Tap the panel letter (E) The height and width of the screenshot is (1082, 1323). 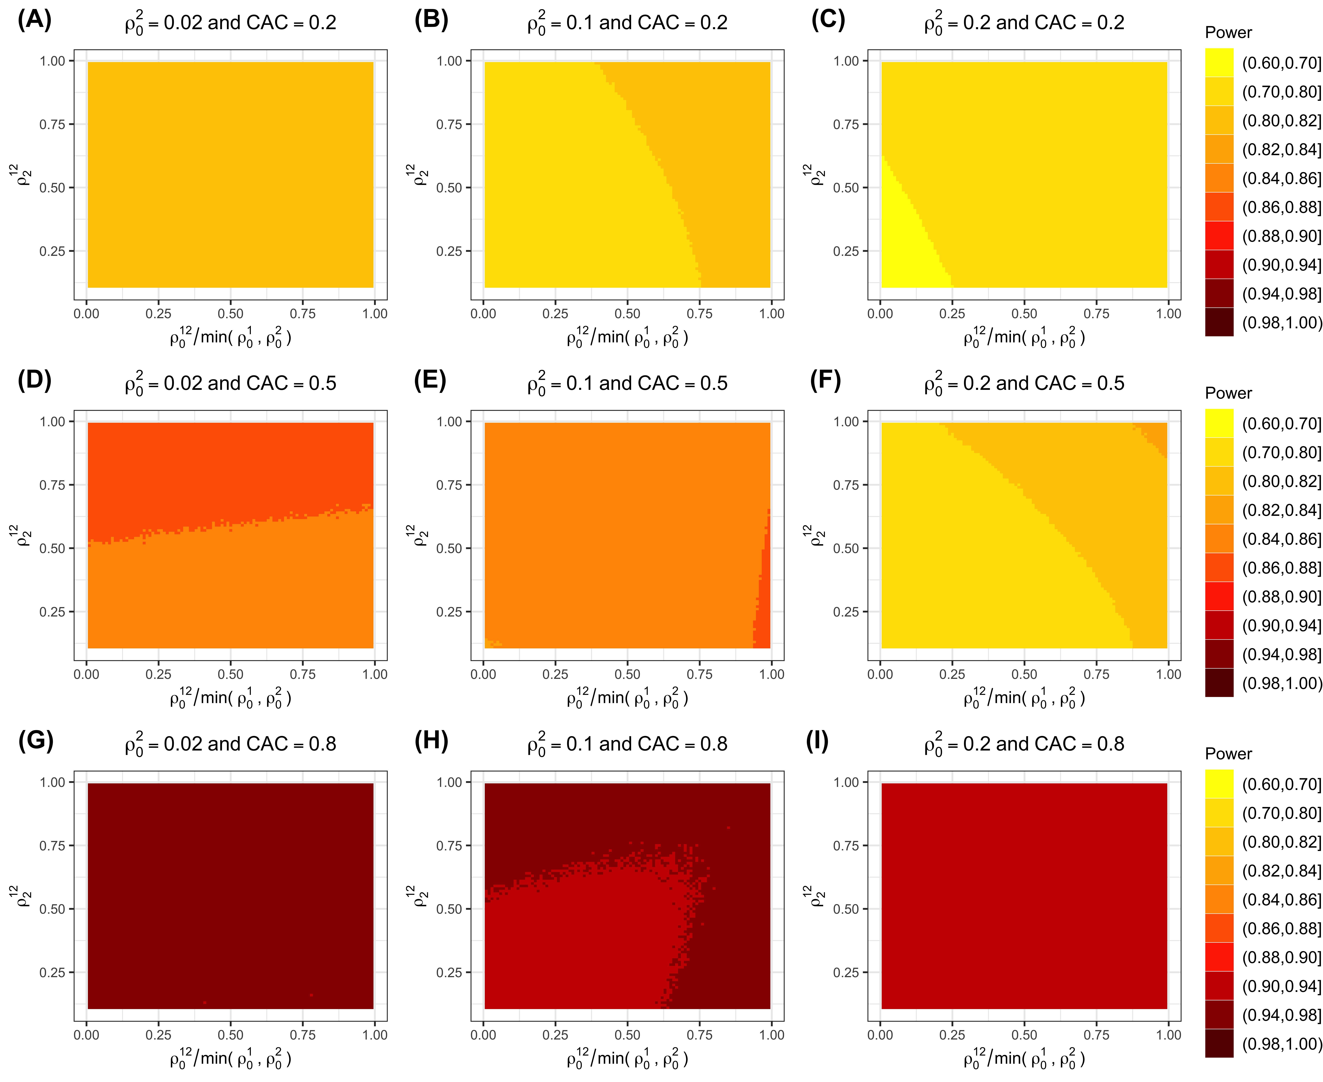(x=430, y=381)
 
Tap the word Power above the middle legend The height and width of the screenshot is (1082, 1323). (x=1228, y=393)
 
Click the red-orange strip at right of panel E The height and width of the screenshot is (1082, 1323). (x=763, y=598)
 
